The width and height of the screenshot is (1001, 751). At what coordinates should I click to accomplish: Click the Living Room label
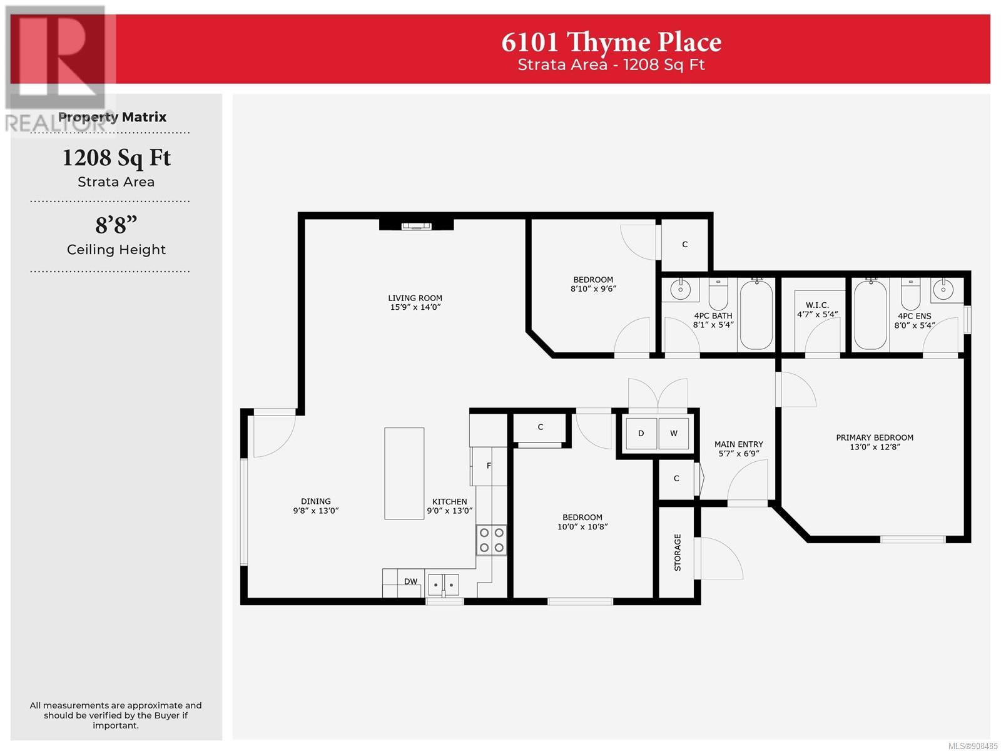(415, 299)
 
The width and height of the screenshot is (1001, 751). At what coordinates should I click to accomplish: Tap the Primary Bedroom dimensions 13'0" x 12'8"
(875, 447)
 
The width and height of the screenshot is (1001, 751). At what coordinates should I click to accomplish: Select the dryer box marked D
(641, 433)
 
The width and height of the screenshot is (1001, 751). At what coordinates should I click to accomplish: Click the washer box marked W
(674, 433)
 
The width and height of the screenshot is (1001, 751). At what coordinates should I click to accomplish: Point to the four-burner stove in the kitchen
(491, 540)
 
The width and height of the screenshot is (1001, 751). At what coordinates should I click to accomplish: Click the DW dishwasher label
(410, 581)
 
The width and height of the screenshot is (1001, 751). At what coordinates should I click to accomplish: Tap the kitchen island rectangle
(404, 473)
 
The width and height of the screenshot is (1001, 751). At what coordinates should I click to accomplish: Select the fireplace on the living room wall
(416, 225)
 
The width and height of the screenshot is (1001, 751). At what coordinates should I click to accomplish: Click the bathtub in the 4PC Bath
(756, 315)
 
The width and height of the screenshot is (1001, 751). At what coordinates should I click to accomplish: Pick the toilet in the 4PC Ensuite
(910, 294)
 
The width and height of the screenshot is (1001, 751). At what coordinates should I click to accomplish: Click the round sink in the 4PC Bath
(681, 290)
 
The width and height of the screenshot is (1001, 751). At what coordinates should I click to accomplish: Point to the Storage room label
(677, 552)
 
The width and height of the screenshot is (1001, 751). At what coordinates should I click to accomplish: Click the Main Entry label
(738, 444)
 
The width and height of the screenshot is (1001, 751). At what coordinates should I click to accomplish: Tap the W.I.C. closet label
(817, 305)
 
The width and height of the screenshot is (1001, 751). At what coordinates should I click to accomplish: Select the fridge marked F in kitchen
(489, 466)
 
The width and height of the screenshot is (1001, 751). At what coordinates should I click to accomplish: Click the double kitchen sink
(444, 584)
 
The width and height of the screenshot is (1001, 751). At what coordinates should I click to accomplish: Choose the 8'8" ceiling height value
(116, 225)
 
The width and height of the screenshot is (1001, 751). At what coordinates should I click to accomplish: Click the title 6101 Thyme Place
(611, 43)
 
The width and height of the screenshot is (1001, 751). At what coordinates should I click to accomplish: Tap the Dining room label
(315, 501)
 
